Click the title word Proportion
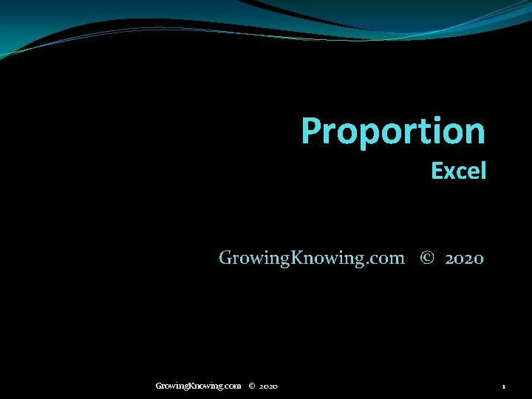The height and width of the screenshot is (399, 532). (393, 132)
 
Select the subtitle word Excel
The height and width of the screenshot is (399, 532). (459, 171)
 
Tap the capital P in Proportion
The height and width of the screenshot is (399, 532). (312, 131)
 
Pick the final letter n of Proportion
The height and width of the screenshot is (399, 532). (475, 133)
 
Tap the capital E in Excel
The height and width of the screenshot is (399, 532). (437, 171)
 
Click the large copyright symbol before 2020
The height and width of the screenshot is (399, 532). (426, 258)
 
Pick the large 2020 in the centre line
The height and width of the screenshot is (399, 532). (465, 259)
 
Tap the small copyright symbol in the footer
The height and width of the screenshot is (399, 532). (252, 386)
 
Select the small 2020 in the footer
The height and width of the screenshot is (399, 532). (269, 386)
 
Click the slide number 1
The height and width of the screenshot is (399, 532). (503, 386)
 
